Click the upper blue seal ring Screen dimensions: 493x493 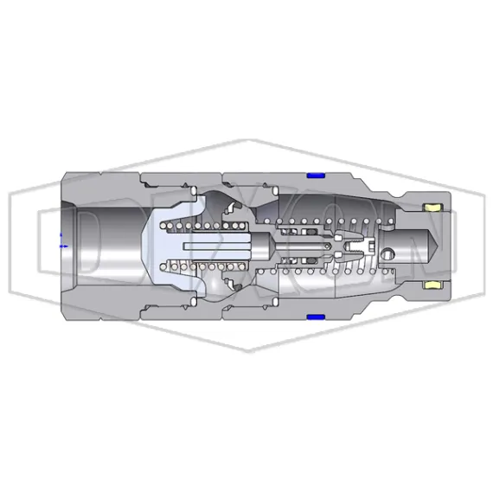(x=315, y=176)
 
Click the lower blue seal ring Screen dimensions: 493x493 (x=315, y=317)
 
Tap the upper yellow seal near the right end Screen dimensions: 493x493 (x=433, y=208)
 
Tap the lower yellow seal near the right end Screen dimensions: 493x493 (x=433, y=285)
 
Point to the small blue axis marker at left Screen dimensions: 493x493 (x=61, y=242)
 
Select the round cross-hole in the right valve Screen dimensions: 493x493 (x=390, y=254)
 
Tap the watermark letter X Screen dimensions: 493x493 (x=246, y=246)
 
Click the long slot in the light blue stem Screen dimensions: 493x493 (x=216, y=246)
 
